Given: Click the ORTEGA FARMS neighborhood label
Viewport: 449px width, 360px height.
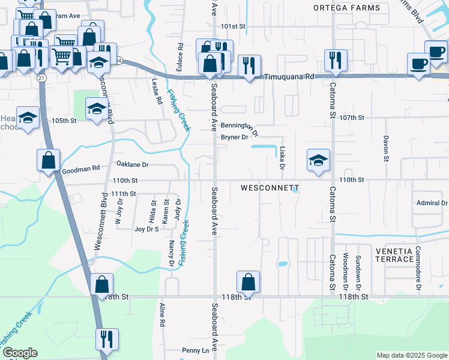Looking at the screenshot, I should (x=347, y=8).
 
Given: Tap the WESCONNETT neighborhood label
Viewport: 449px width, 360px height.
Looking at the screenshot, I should (x=270, y=188).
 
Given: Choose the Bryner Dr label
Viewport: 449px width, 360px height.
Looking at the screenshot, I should (x=235, y=137).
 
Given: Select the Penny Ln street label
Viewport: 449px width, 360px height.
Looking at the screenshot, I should (x=194, y=350).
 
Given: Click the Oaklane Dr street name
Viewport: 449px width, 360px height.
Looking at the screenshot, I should (x=132, y=164).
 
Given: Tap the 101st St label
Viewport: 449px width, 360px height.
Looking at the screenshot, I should (x=233, y=27).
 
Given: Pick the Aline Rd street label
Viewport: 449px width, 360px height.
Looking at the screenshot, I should (x=162, y=314).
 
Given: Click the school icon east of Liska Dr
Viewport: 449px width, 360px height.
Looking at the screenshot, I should (x=318, y=160).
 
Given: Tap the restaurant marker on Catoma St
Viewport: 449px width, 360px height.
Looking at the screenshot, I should (x=333, y=60).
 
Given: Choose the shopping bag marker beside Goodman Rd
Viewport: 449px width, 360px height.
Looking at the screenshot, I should (x=48, y=161).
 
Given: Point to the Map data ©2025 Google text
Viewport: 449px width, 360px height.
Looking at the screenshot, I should (x=411, y=355).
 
